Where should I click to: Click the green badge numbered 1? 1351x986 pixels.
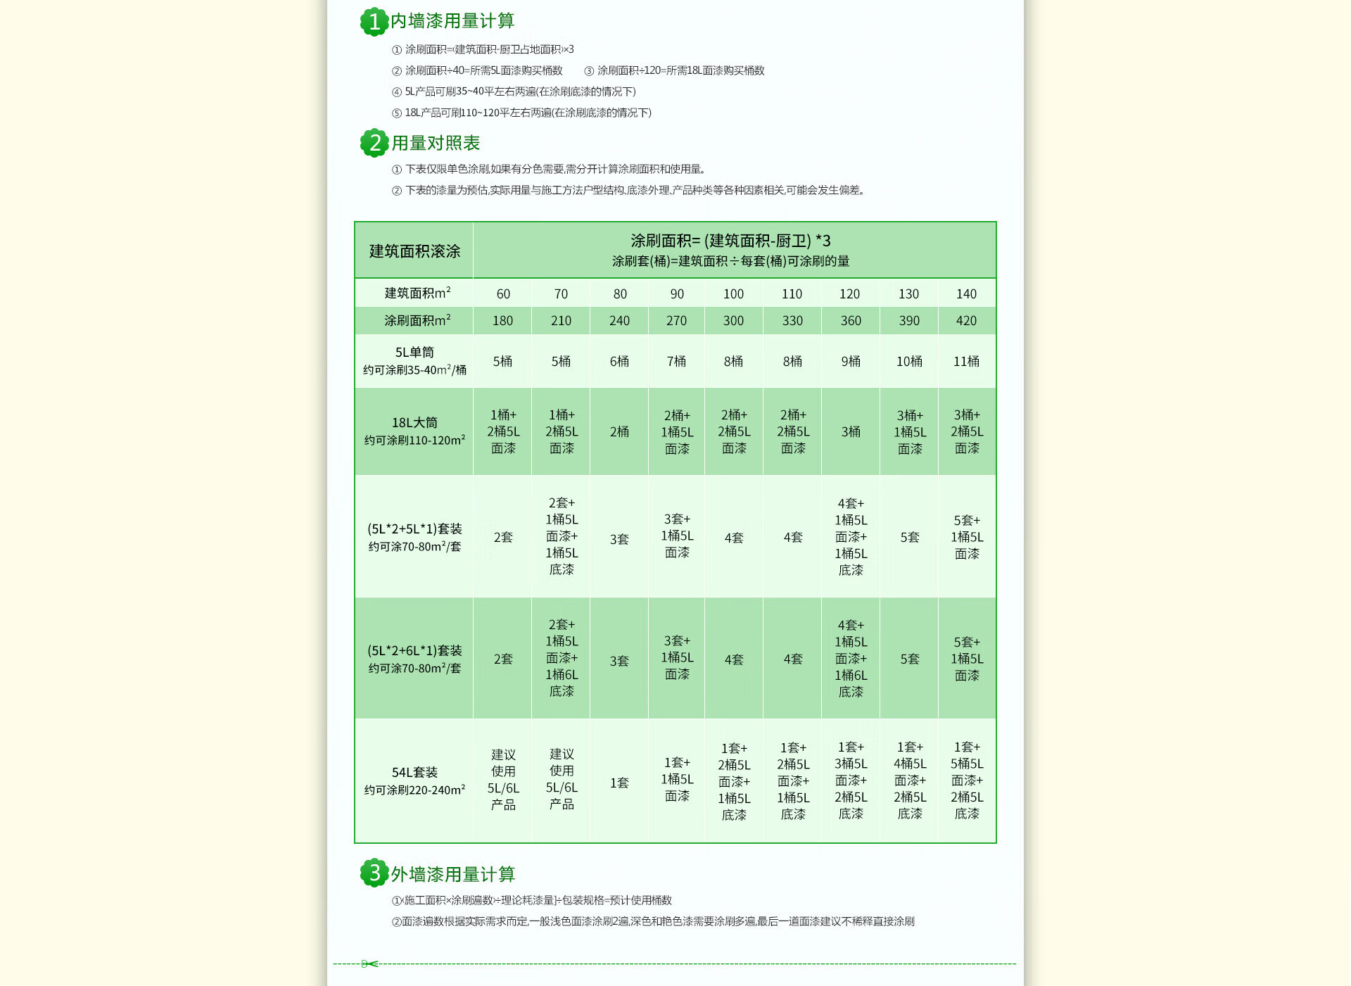(374, 22)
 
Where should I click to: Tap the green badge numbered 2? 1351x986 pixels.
(374, 144)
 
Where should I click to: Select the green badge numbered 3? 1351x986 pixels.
(374, 873)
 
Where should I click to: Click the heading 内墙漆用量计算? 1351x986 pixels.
(452, 21)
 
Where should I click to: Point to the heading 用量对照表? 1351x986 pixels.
(436, 143)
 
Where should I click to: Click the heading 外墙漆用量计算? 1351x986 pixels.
(453, 874)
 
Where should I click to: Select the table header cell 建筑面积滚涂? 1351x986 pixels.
(414, 251)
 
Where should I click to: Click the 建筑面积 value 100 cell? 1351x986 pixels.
(733, 293)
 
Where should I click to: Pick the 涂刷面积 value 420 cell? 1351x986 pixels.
(966, 321)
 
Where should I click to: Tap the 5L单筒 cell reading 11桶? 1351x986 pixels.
(966, 361)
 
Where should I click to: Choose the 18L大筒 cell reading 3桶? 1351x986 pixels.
(851, 431)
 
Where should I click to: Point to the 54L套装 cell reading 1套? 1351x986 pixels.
(619, 783)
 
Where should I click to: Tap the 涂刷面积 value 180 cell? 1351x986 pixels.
(502, 321)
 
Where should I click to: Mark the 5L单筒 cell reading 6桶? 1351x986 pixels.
(619, 361)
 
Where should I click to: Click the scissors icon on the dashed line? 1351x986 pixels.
(369, 963)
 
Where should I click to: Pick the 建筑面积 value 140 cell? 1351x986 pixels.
(966, 293)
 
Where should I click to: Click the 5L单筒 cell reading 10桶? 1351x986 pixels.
(909, 361)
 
